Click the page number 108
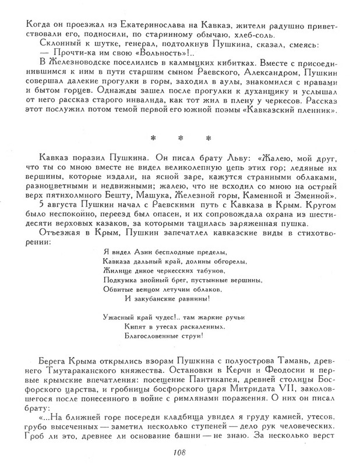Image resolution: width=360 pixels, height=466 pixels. (x=179, y=453)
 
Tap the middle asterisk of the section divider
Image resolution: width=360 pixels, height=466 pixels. (x=180, y=139)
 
